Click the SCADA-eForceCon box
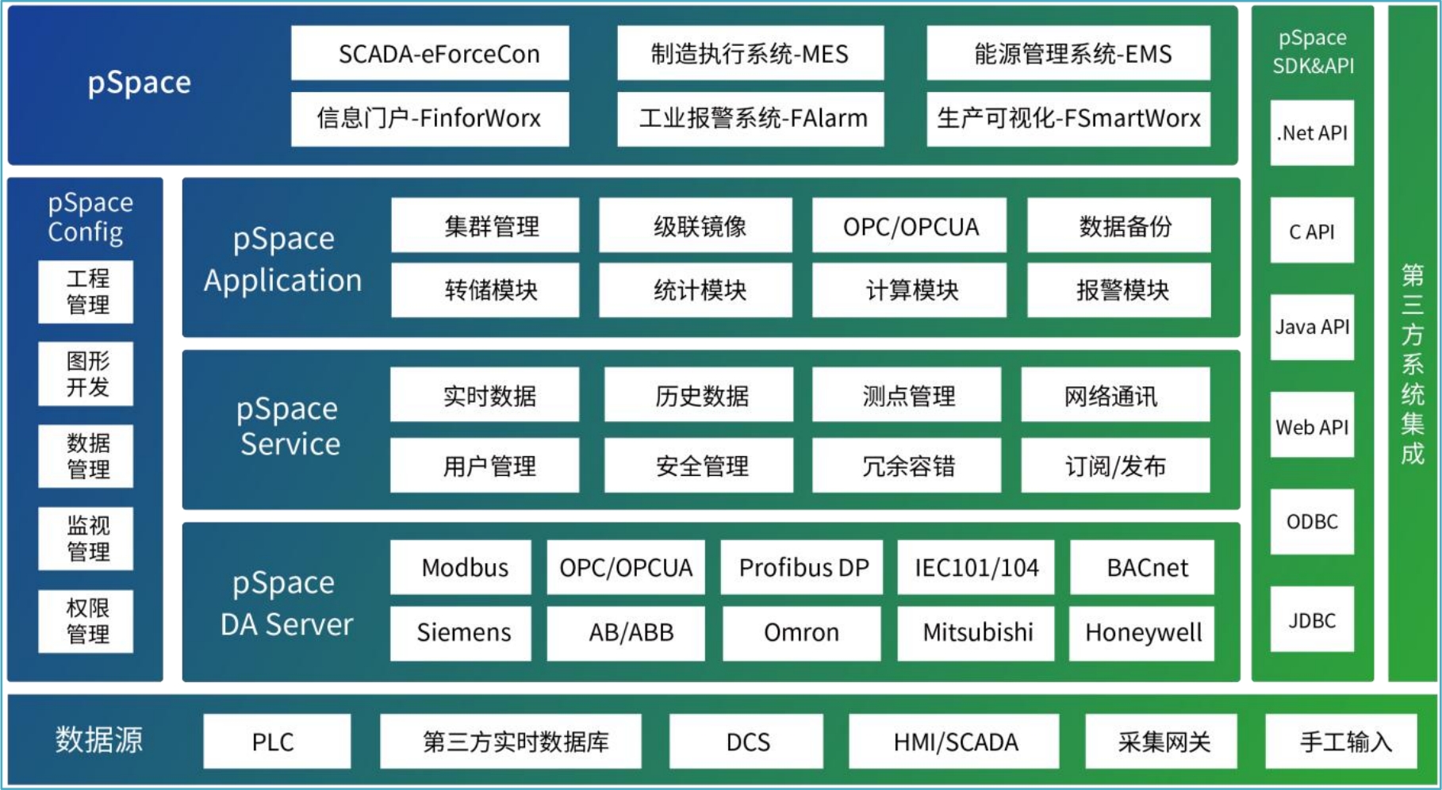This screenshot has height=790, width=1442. [x=430, y=53]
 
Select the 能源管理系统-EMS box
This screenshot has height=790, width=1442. [x=1068, y=53]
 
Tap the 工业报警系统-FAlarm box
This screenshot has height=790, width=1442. [x=750, y=119]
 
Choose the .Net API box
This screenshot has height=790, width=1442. [x=1312, y=133]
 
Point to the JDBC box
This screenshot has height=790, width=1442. [x=1312, y=620]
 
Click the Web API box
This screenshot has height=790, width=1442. [x=1312, y=427]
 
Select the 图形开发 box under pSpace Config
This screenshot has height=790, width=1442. [x=86, y=374]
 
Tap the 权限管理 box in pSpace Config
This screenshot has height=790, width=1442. [x=86, y=621]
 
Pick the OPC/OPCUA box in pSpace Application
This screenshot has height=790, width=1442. [x=910, y=226]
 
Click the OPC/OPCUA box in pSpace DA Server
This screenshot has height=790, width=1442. [x=626, y=567]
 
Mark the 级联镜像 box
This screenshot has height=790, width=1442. [x=696, y=226]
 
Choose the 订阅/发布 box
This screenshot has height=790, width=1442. [x=1115, y=466]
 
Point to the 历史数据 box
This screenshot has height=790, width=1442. [x=699, y=395]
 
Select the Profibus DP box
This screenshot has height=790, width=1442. [x=802, y=567]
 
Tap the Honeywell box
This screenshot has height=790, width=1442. [x=1142, y=633]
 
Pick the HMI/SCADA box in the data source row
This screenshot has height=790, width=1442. [x=954, y=742]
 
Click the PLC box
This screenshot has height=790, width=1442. [x=277, y=742]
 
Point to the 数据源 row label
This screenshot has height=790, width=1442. [x=99, y=740]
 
